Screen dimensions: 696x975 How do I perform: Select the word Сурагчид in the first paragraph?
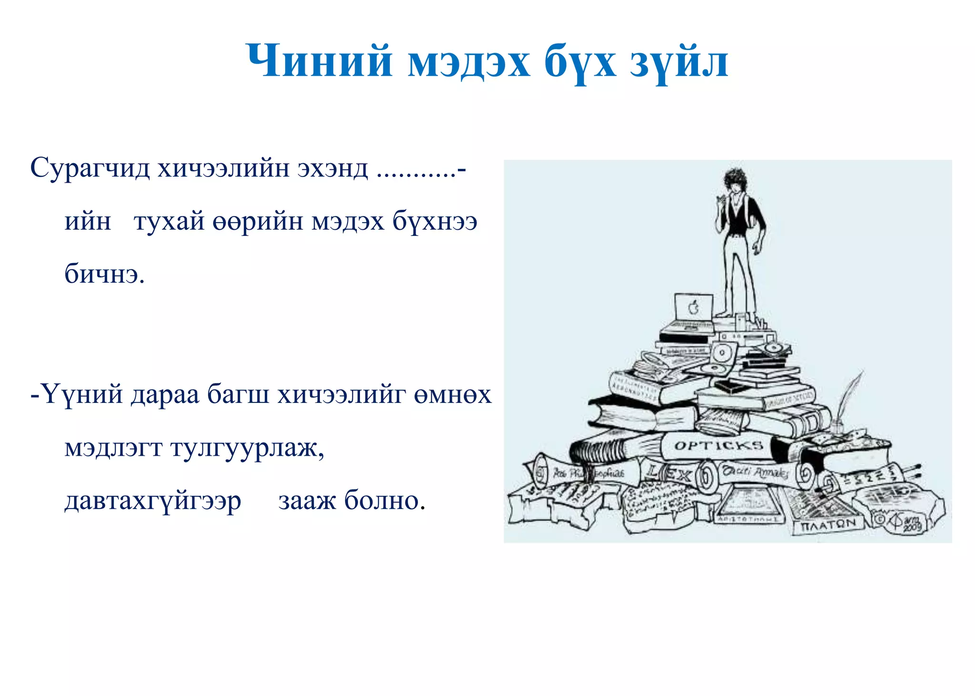(90, 168)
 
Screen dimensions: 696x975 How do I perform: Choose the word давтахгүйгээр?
(153, 501)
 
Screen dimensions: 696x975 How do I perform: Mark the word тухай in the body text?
(169, 221)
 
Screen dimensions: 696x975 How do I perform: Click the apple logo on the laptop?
(694, 308)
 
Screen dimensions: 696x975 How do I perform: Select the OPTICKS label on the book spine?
(718, 446)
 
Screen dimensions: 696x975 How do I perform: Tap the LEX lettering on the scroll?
(669, 474)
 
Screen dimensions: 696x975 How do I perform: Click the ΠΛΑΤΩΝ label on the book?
(828, 526)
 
